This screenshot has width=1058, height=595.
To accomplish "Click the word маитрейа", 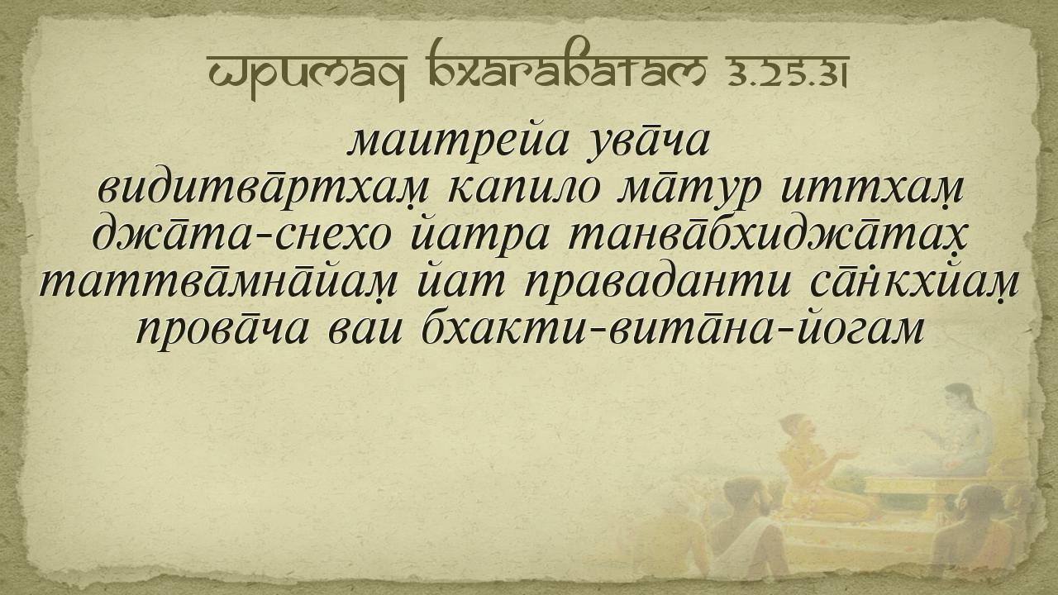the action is coord(458,142).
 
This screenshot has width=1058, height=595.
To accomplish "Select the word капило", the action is coord(524,191).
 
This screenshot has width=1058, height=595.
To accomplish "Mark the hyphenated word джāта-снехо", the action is coord(241,236).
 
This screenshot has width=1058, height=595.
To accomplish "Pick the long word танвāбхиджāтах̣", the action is coord(768,236).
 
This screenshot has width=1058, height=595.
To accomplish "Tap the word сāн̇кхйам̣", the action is coord(913,283).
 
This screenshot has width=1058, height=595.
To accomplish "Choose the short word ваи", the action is coord(365,330).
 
